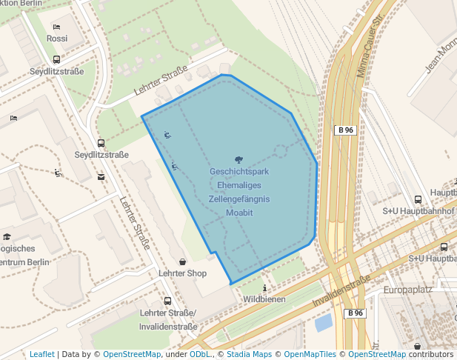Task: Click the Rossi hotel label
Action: coord(57,39)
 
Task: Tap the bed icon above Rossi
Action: coord(57,27)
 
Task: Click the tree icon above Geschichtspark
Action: coord(238,159)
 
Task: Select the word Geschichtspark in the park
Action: coord(238,172)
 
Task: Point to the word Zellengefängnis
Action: coord(238,199)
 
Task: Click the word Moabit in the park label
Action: coord(239,213)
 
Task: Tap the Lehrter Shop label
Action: coord(182,273)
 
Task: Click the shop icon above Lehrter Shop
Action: coord(182,261)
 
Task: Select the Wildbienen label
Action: coord(264,299)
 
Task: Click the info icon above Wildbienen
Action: coord(264,287)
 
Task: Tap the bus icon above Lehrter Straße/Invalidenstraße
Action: coord(167,301)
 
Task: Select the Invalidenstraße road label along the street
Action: coord(341,291)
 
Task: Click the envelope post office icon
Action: coord(101,177)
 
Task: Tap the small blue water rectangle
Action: coord(323,322)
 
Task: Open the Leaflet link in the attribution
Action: coord(41,354)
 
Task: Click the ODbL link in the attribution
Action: coord(199,354)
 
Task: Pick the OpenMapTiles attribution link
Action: coord(313,354)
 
